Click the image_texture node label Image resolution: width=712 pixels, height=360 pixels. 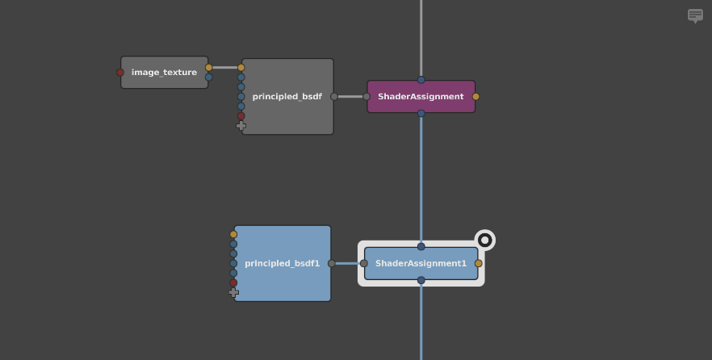(x=164, y=73)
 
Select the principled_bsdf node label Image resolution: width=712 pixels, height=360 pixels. (x=287, y=97)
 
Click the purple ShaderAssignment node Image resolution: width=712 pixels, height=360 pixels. (x=421, y=97)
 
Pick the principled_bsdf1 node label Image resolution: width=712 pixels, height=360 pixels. (x=282, y=263)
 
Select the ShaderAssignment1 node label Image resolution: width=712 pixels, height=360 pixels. (x=421, y=263)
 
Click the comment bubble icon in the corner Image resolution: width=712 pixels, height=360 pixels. (x=695, y=15)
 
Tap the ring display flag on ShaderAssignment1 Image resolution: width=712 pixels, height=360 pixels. (x=484, y=240)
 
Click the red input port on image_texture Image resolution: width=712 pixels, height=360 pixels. (x=120, y=73)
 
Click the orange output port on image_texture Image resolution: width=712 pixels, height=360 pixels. (x=208, y=68)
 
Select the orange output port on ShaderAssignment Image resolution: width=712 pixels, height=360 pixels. (x=475, y=97)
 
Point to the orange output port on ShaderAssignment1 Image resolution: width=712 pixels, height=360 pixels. (x=478, y=263)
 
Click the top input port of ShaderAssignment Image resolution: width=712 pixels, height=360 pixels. (x=421, y=80)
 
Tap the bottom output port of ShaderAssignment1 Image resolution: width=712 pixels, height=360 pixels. (x=421, y=280)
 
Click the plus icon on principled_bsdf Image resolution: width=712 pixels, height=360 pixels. (x=241, y=126)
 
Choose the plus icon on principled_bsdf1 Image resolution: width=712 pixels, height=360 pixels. (x=233, y=293)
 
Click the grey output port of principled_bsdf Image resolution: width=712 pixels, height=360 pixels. (x=333, y=97)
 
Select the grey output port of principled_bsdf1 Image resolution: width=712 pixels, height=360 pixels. (x=331, y=263)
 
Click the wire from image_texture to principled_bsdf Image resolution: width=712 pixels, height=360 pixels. (x=224, y=68)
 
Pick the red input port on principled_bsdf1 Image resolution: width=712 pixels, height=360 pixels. (x=233, y=283)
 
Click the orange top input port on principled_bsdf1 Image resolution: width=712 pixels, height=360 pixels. (x=233, y=234)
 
